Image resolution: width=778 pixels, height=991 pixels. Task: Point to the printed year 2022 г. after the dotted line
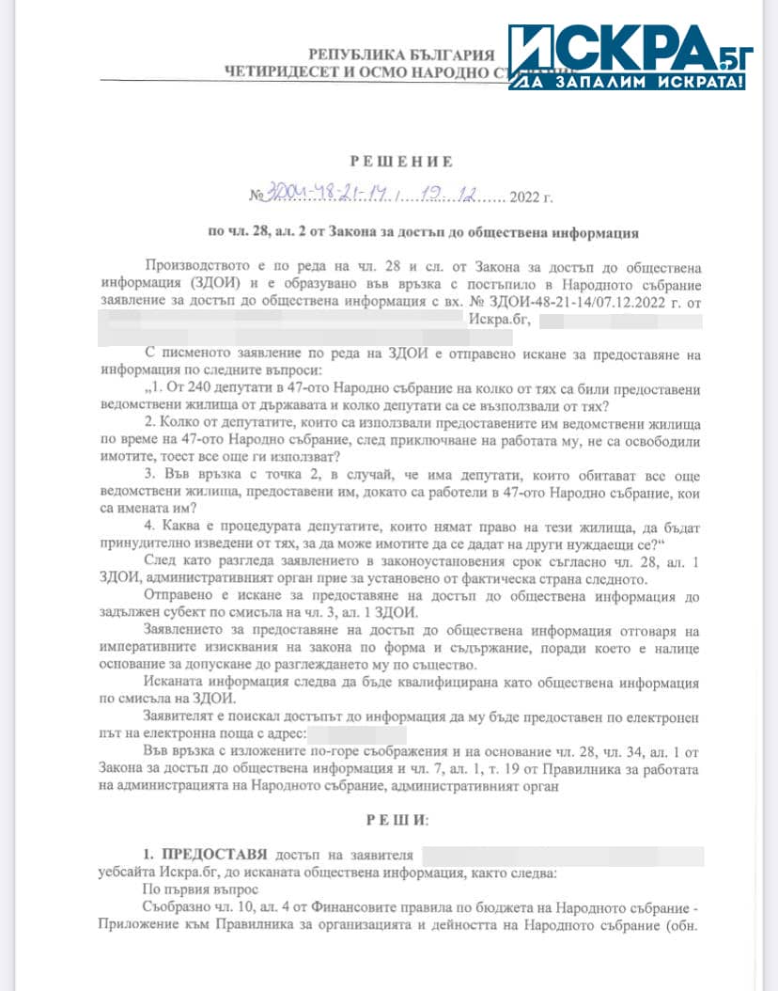(x=533, y=197)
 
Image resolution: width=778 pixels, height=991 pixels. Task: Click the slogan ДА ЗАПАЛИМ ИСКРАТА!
(x=628, y=82)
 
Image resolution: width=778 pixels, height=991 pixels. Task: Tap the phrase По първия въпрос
(x=186, y=888)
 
